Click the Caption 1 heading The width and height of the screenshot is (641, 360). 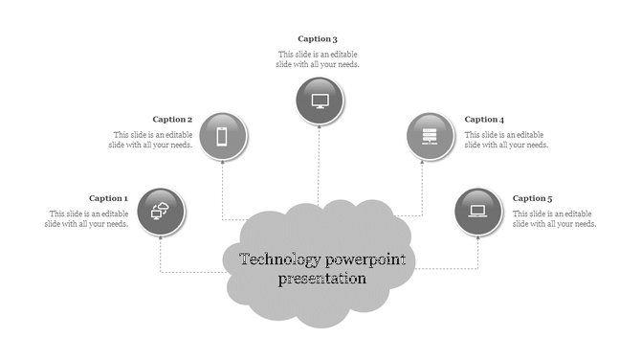coord(108,199)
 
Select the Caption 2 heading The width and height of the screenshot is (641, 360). coord(172,120)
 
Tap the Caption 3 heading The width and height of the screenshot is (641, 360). coord(318,39)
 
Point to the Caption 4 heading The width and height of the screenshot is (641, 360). coord(484,120)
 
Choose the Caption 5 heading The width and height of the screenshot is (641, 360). coord(533,198)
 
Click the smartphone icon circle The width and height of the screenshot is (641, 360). coord(222,137)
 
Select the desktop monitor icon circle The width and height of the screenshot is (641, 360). coord(320,101)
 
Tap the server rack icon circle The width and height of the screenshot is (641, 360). coord(431,137)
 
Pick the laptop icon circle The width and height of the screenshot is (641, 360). coord(478,212)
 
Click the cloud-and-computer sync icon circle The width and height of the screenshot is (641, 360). coord(161,212)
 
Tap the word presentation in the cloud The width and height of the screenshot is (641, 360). coord(321,280)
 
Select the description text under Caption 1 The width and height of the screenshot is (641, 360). coord(87,218)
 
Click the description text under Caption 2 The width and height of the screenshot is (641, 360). coord(152,140)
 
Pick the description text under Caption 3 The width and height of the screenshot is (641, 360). coord(319,59)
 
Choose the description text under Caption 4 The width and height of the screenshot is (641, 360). coord(506,140)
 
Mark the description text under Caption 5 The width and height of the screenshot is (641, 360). coord(555,218)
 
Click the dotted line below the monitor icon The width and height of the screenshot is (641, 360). coord(320,163)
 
